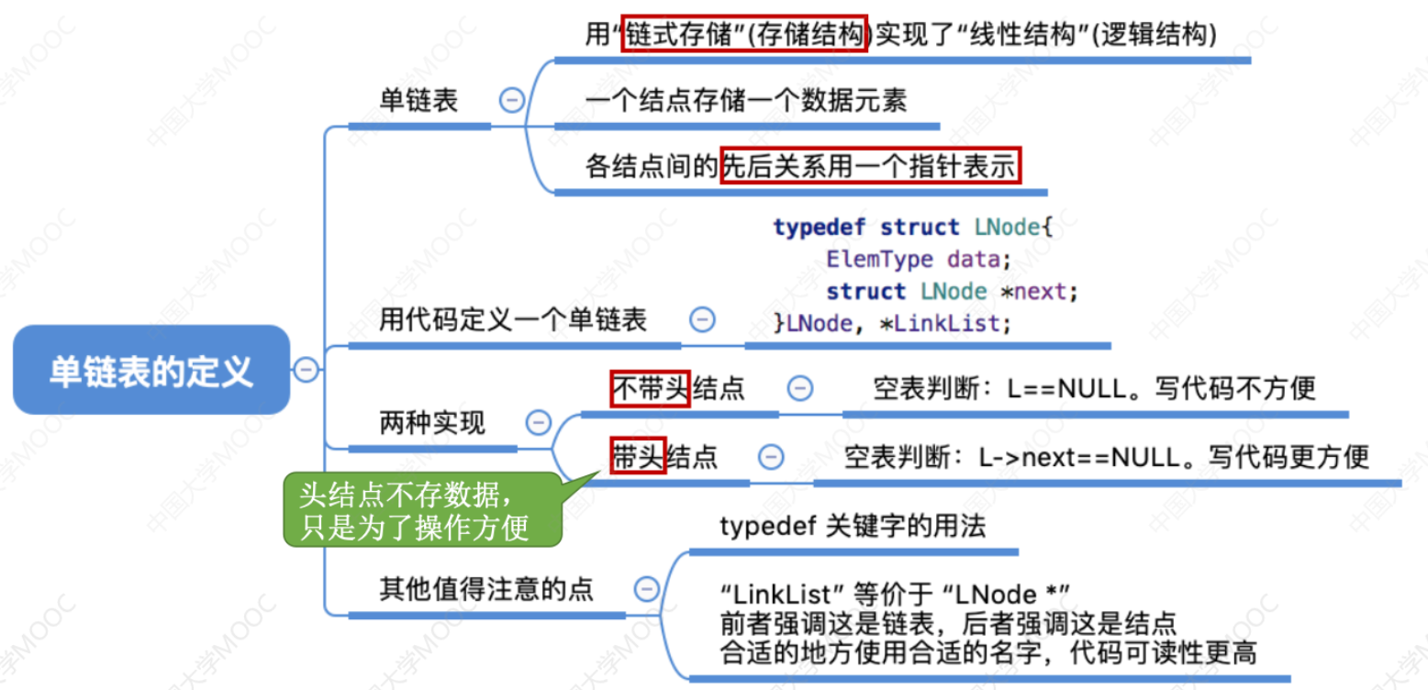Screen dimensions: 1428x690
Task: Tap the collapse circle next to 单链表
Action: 511,100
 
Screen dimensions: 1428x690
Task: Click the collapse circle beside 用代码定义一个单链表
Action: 702,319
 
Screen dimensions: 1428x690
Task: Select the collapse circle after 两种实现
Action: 538,423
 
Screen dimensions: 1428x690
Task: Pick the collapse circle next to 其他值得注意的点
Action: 647,588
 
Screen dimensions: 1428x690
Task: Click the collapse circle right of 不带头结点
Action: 800,388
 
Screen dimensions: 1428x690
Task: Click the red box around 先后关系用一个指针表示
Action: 870,167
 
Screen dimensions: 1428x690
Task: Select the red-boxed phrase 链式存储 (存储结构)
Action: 743,34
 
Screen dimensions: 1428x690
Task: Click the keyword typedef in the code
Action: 820,227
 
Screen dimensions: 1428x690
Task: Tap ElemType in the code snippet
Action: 880,259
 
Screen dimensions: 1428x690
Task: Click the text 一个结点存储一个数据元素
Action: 745,100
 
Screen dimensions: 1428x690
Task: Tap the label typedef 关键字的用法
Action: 853,527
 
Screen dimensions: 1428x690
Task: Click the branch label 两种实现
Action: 432,423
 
